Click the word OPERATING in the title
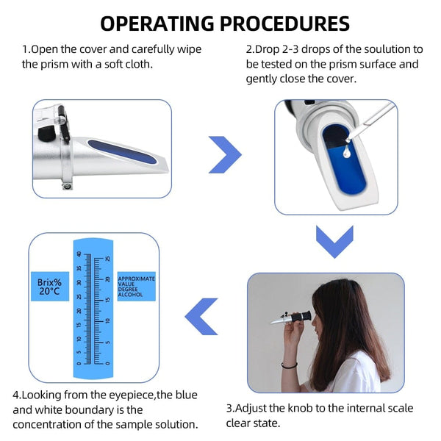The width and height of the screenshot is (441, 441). pyautogui.click(x=157, y=23)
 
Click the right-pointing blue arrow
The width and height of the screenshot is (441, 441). pyautogui.click(x=225, y=154)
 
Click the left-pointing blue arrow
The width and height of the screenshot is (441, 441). pyautogui.click(x=200, y=317)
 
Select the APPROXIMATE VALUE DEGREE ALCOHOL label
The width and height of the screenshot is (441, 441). pyautogui.click(x=136, y=286)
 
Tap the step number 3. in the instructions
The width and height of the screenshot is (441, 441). pyautogui.click(x=230, y=408)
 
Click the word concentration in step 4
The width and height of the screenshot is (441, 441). pyautogui.click(x=56, y=424)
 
